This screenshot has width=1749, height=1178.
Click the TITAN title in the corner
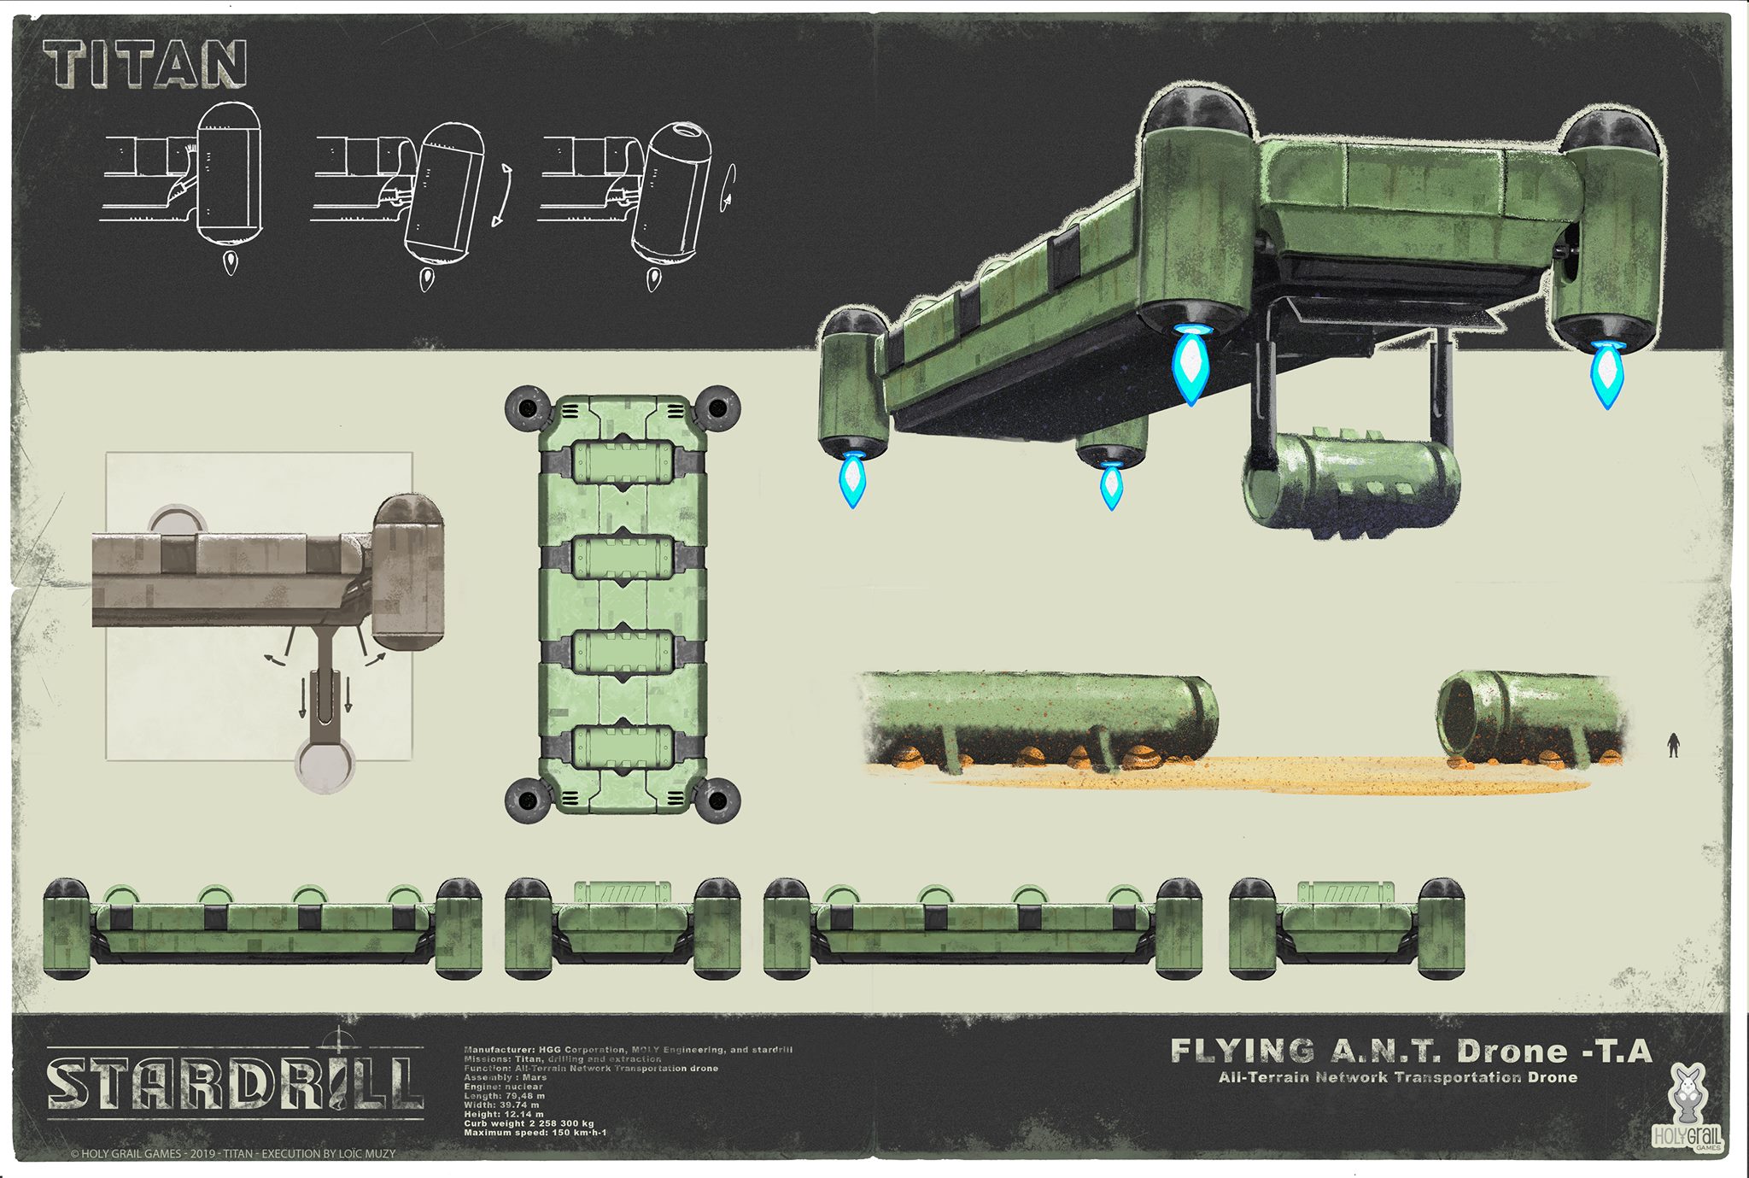click(145, 65)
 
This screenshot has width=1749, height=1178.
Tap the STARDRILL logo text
click(235, 1083)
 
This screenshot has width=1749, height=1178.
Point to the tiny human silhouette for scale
click(1673, 745)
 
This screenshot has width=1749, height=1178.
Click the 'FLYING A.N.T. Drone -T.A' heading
click(1410, 1051)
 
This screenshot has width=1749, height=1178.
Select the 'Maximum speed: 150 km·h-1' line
click(535, 1133)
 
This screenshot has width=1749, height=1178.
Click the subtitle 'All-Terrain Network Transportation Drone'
click(1397, 1077)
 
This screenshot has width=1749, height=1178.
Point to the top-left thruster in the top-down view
click(528, 409)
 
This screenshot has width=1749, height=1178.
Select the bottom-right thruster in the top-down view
click(717, 800)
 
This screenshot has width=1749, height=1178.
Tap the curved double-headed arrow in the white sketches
click(503, 196)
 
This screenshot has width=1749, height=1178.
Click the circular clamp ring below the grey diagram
click(325, 763)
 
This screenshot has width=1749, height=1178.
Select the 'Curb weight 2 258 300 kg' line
click(529, 1123)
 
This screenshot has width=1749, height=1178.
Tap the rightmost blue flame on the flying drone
click(1606, 373)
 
